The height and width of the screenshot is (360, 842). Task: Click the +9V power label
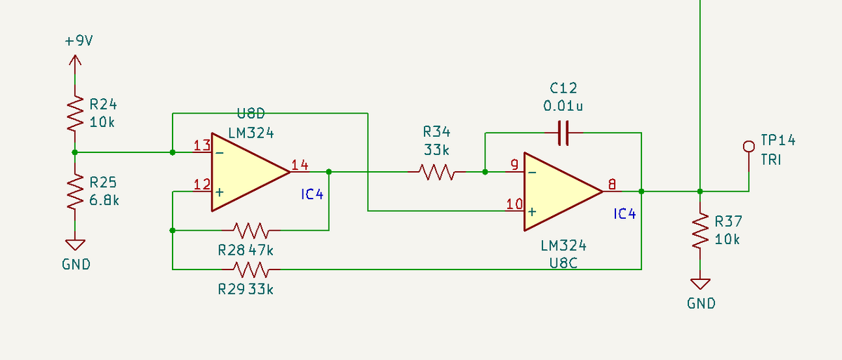click(79, 41)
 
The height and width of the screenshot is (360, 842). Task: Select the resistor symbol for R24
click(75, 113)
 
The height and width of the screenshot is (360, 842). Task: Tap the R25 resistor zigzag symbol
click(75, 192)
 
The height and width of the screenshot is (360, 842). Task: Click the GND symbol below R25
click(75, 245)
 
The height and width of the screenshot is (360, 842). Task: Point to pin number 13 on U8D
click(202, 145)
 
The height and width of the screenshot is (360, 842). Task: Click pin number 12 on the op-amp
click(202, 185)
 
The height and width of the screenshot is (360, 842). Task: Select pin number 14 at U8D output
click(300, 165)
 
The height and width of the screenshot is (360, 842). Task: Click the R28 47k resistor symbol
click(250, 230)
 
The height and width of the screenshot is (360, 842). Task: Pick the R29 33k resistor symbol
click(250, 269)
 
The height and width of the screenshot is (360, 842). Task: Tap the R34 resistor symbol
click(436, 172)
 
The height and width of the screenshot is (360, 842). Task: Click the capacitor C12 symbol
click(563, 133)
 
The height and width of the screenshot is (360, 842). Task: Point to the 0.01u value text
click(563, 106)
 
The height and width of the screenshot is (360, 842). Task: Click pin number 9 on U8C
click(514, 165)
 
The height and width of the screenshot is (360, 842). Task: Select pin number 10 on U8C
click(514, 204)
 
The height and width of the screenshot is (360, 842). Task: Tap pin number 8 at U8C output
click(612, 185)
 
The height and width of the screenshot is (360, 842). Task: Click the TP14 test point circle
click(749, 147)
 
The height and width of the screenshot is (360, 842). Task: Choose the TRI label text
click(771, 160)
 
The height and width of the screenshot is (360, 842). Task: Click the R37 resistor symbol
click(700, 230)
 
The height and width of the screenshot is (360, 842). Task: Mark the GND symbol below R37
click(700, 284)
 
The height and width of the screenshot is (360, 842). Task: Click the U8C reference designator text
click(563, 263)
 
